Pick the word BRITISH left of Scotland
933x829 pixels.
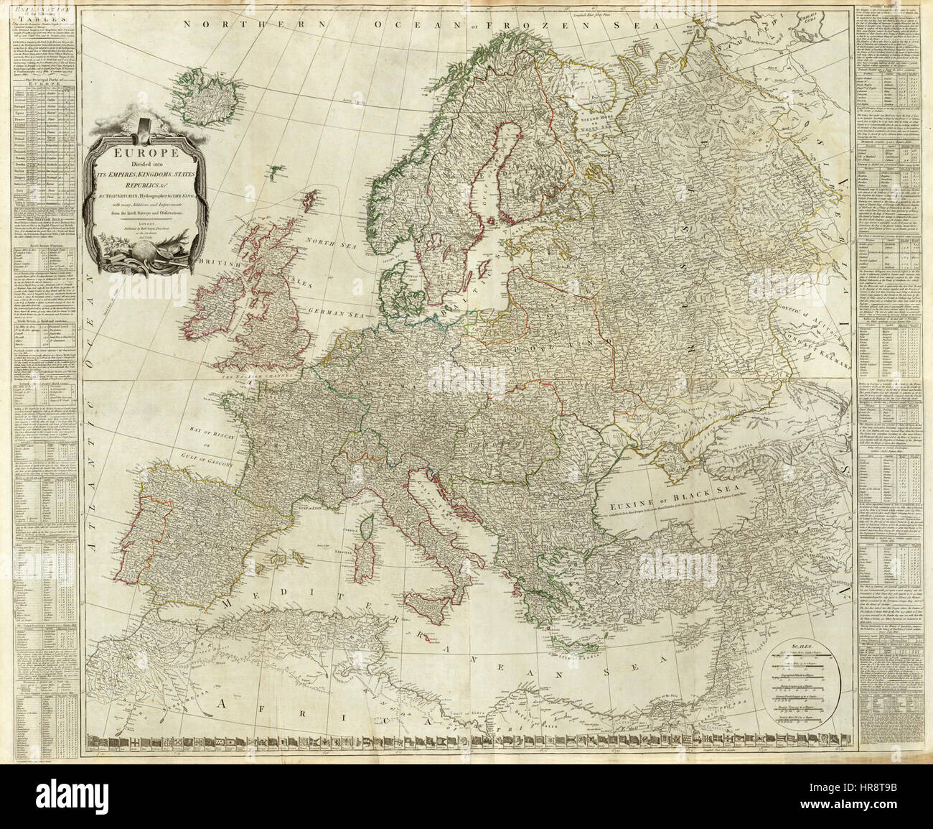tap(218, 264)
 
